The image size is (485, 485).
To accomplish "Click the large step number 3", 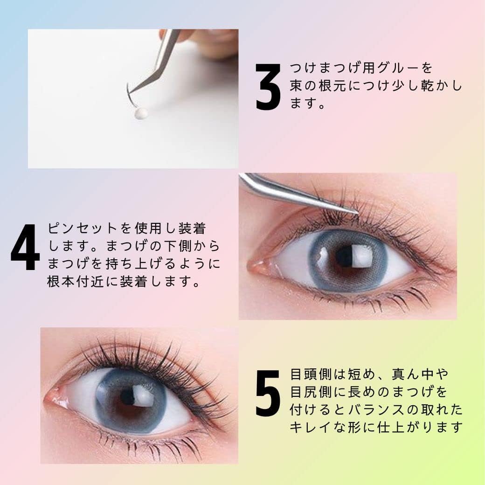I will (x=268, y=87).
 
